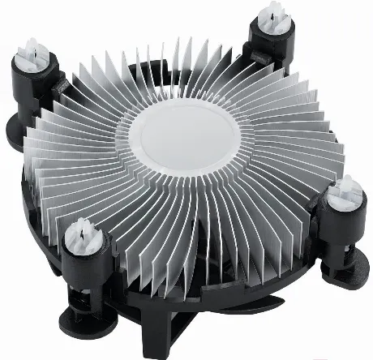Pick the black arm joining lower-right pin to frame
click(316, 231)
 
